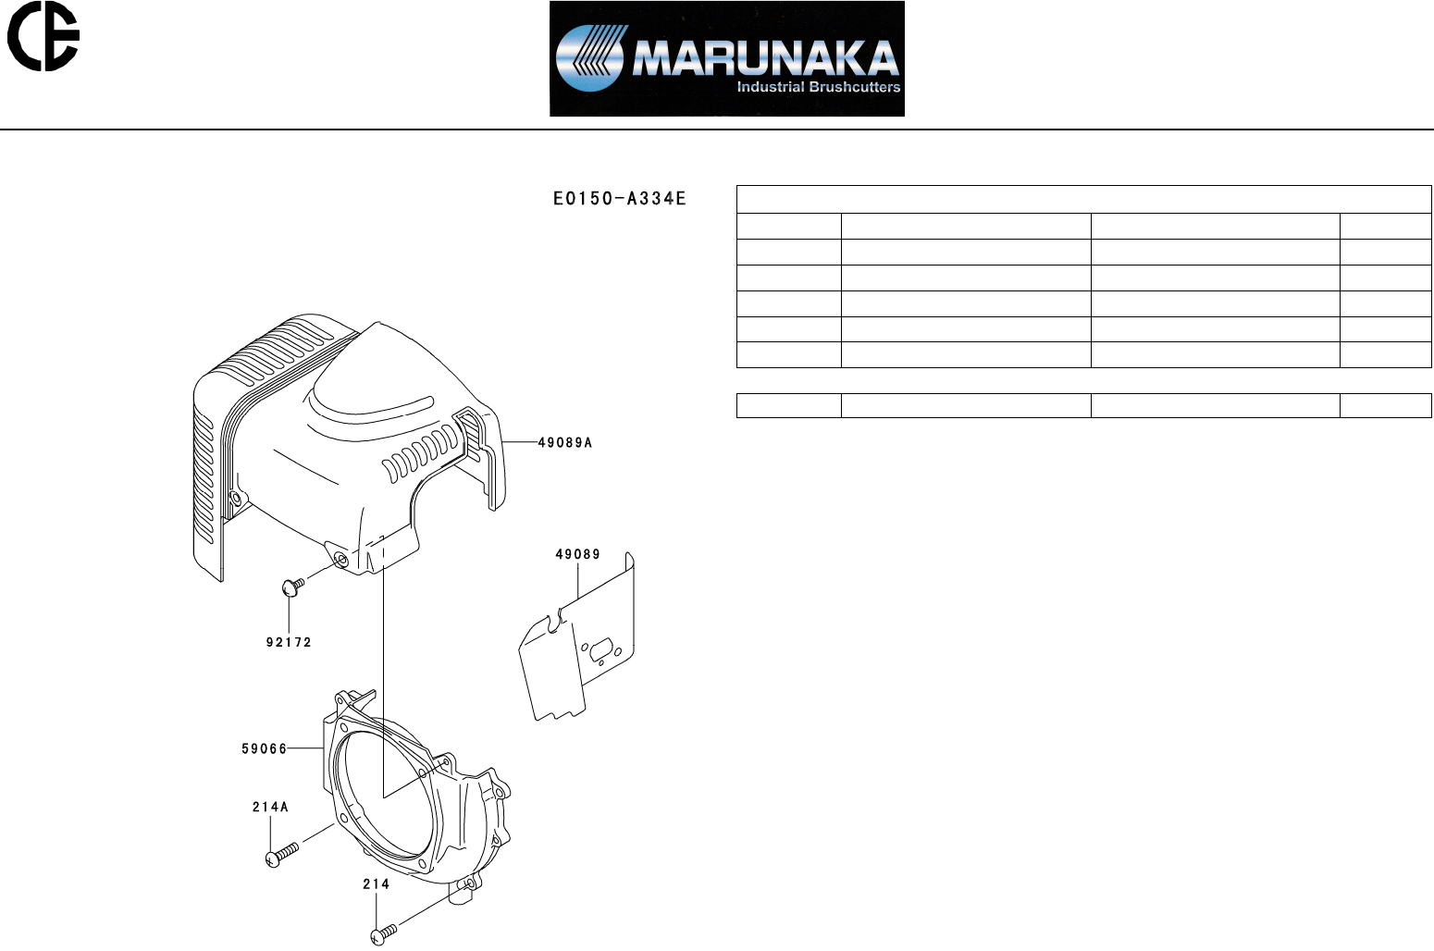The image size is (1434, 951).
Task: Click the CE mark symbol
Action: [43, 36]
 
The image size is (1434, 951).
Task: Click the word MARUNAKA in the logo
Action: [766, 58]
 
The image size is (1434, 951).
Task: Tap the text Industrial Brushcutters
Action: [818, 87]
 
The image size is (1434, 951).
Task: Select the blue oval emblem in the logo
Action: [589, 58]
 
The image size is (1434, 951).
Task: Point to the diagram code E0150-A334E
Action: [619, 198]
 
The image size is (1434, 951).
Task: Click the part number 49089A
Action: [564, 442]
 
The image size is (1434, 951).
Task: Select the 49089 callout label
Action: [577, 554]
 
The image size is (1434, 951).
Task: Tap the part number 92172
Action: [289, 642]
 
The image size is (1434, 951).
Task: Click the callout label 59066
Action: [264, 748]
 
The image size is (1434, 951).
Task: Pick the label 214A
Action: [270, 807]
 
